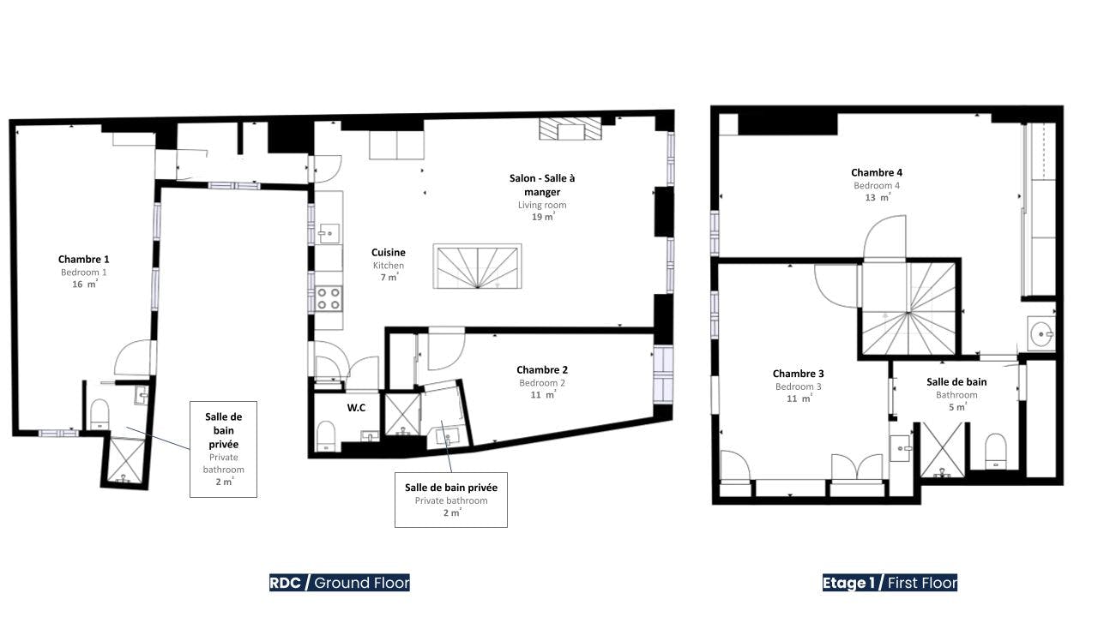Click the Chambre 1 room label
pyautogui.click(x=83, y=259)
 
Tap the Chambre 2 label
pyautogui.click(x=541, y=369)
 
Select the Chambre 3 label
pyautogui.click(x=798, y=374)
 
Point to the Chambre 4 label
pyautogui.click(x=877, y=172)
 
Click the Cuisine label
pyautogui.click(x=389, y=252)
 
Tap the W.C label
pyautogui.click(x=356, y=407)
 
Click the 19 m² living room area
pyautogui.click(x=543, y=217)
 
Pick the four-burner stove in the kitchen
pyautogui.click(x=329, y=299)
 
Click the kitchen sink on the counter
pyautogui.click(x=329, y=234)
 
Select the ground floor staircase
pyautogui.click(x=477, y=266)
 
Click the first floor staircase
pyautogui.click(x=908, y=308)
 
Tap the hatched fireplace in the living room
pyautogui.click(x=570, y=129)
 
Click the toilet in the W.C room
pyautogui.click(x=326, y=436)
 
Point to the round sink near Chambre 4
pyautogui.click(x=1041, y=334)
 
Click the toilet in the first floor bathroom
pyautogui.click(x=996, y=451)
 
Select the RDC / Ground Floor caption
pyautogui.click(x=339, y=583)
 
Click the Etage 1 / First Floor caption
pyautogui.click(x=890, y=583)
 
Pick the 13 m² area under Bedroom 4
pyautogui.click(x=878, y=197)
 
